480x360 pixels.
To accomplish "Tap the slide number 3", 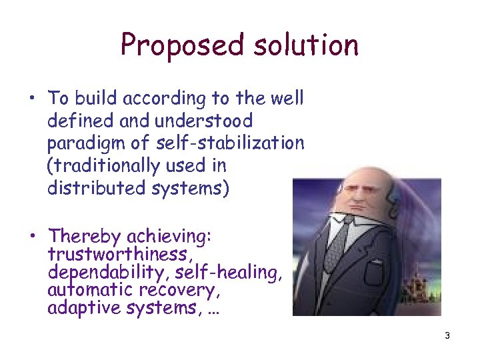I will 447,335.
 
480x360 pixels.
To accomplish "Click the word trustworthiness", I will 117,254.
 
